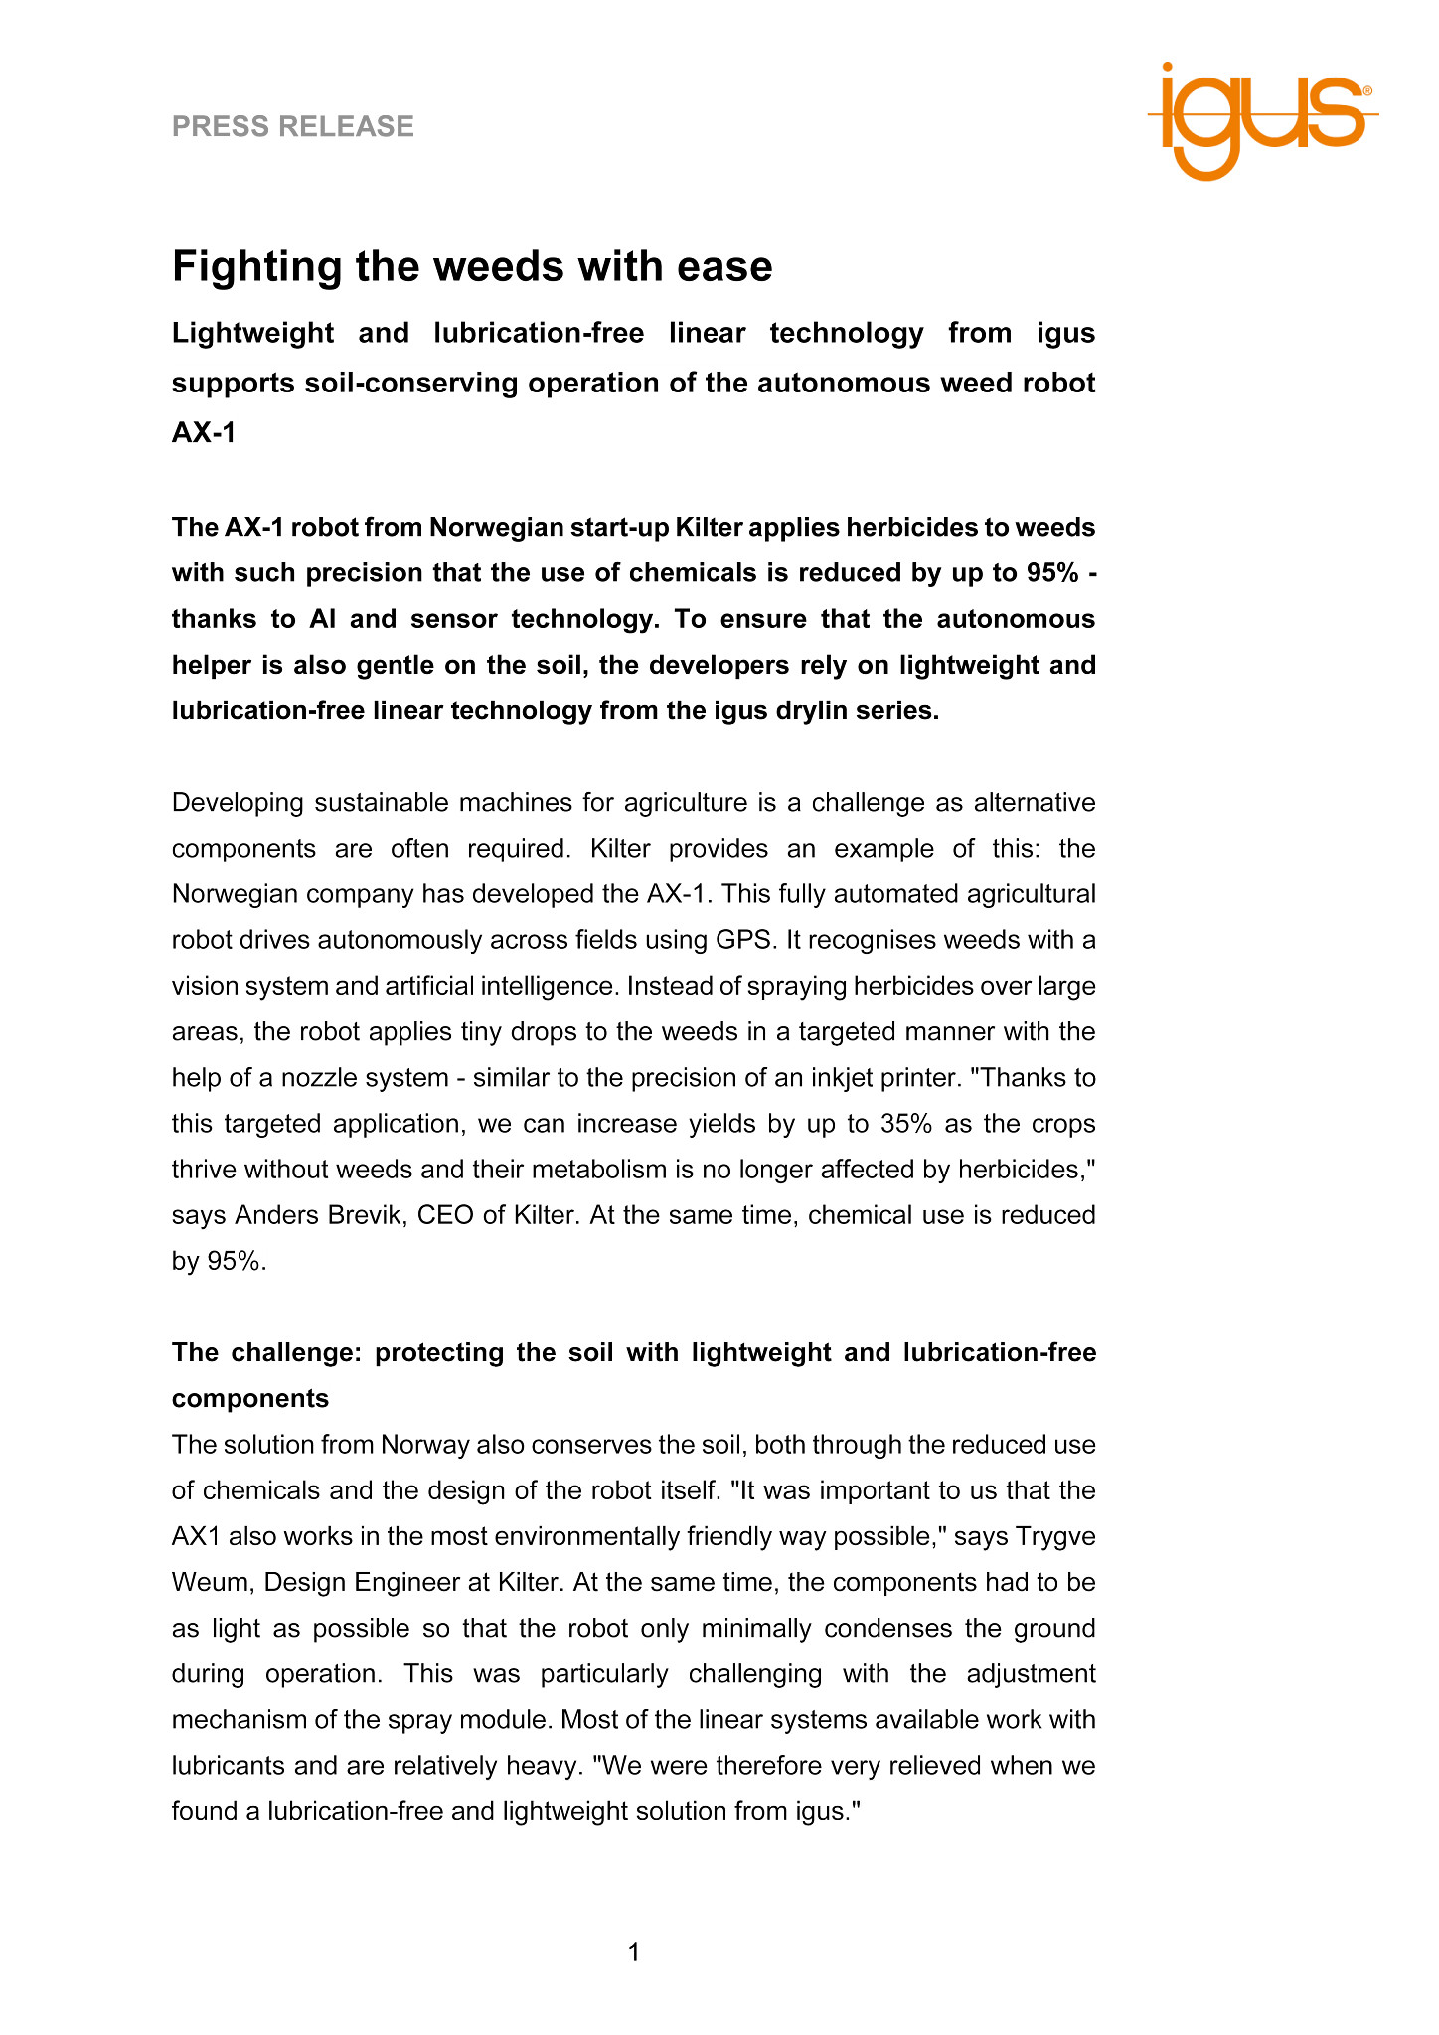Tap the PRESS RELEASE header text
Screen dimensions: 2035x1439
coord(293,126)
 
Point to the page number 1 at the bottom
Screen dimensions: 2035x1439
coord(634,1953)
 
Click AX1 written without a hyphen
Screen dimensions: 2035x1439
coord(196,1536)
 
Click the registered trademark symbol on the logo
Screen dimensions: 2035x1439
coord(1367,90)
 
